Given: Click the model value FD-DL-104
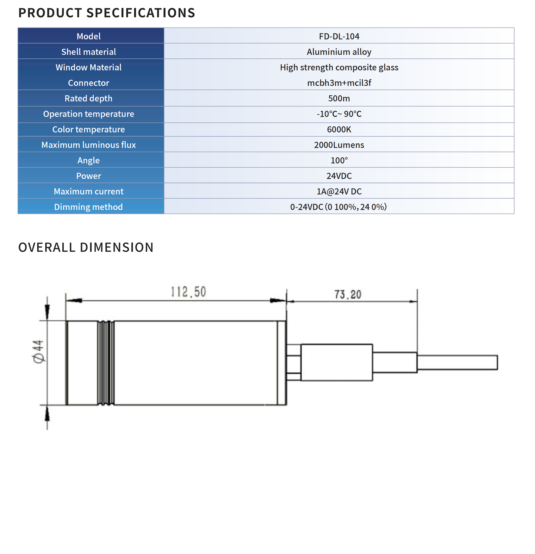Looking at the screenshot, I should pos(339,36).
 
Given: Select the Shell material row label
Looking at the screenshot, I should pos(89,52).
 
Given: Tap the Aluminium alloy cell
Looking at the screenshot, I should pos(339,52).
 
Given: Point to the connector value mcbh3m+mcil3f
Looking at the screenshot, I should pos(339,83).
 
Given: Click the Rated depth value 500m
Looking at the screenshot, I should pos(339,98).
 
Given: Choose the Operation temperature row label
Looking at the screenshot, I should pos(89,114).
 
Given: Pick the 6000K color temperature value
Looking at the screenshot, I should pos(339,129).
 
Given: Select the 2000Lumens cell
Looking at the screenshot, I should pos(339,145).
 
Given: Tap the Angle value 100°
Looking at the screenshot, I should pos(339,161).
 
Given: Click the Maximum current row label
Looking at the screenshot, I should pos(89,191).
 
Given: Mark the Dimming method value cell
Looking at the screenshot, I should pos(338,207).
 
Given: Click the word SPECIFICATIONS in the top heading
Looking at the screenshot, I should pos(140,13).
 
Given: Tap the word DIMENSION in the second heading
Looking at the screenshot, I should pos(117,247).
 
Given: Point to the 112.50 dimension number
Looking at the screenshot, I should pos(189,292).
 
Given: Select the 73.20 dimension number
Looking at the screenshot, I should pos(348,294).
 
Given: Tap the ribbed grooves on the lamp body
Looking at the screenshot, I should pos(106,363).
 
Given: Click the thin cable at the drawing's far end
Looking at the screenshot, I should pos(457,362).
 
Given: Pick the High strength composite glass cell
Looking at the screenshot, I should pos(339,67).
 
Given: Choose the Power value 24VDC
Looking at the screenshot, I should pos(339,176).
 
